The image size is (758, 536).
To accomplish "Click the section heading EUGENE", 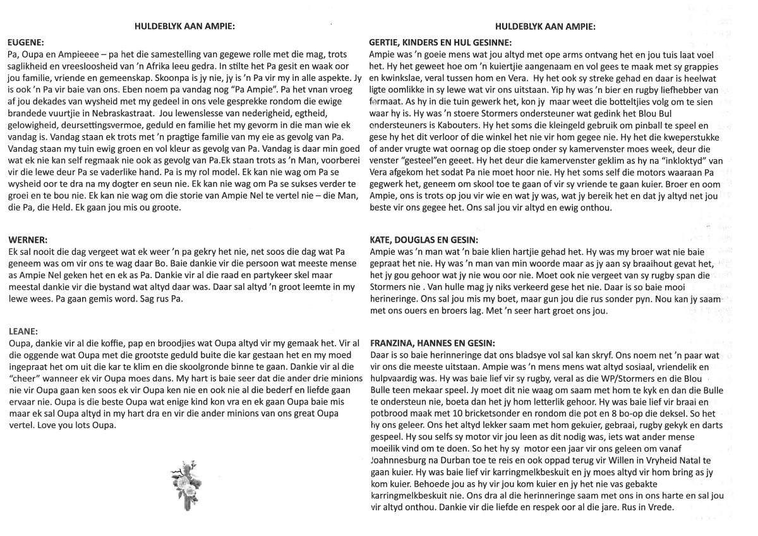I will (25, 43).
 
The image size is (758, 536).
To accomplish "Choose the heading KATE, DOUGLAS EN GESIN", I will (423, 239).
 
